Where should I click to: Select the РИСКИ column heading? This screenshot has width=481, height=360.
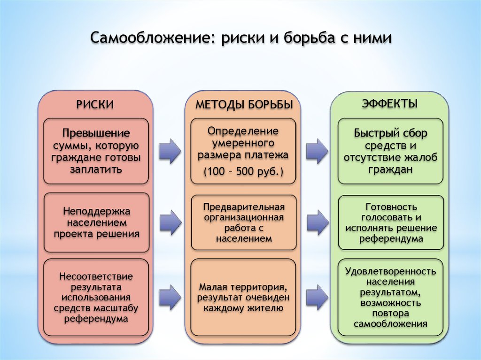(x=95, y=105)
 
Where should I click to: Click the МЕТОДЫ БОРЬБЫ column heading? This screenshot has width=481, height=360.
(x=244, y=105)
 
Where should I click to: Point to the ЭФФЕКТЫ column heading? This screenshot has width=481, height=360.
(x=390, y=103)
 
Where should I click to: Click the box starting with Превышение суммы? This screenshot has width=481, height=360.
(x=96, y=151)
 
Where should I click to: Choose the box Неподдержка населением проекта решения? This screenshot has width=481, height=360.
(x=96, y=222)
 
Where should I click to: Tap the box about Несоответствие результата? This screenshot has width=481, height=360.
(x=96, y=298)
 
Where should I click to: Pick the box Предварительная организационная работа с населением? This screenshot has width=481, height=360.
(x=243, y=222)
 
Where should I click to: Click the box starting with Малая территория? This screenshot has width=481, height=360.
(x=243, y=298)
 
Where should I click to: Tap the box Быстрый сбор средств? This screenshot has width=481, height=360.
(x=390, y=151)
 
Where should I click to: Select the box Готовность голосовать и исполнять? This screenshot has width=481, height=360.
(x=390, y=222)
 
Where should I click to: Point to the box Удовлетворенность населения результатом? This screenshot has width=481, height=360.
(x=390, y=298)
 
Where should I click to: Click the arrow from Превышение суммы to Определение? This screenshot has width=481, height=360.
(x=169, y=151)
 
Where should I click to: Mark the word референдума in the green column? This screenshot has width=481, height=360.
(x=391, y=238)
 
